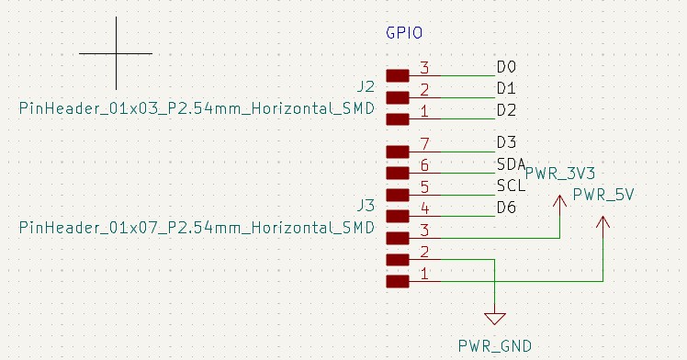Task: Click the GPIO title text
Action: click(404, 33)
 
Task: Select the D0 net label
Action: click(506, 67)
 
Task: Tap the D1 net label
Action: click(506, 88)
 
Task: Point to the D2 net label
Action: click(506, 110)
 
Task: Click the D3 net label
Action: click(506, 142)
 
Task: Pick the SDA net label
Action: click(511, 164)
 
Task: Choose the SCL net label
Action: click(511, 186)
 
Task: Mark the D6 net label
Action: click(506, 208)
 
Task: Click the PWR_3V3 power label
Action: click(560, 174)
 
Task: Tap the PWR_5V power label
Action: click(603, 195)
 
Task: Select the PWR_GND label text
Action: click(495, 346)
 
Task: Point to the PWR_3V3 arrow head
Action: click(560, 200)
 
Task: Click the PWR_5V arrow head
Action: click(603, 221)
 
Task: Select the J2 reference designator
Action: click(366, 86)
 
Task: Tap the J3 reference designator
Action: click(366, 206)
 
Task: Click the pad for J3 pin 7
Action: click(398, 152)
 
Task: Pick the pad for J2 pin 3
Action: click(398, 76)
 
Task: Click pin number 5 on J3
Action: click(424, 187)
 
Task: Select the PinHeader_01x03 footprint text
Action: click(197, 108)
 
